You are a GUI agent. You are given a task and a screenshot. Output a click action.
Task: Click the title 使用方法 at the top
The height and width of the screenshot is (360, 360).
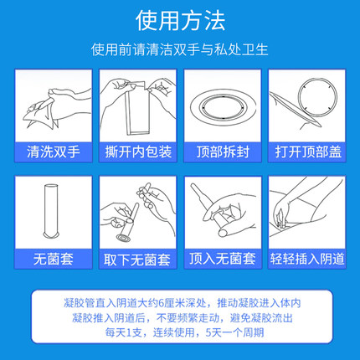[x=180, y=19]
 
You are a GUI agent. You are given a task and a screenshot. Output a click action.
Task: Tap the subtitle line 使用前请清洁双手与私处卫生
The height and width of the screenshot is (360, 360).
[x=180, y=49]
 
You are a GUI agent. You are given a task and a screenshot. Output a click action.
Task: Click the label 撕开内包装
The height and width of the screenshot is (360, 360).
[x=136, y=153]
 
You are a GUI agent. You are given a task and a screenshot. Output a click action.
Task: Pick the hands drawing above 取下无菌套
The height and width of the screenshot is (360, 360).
[x=136, y=213]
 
